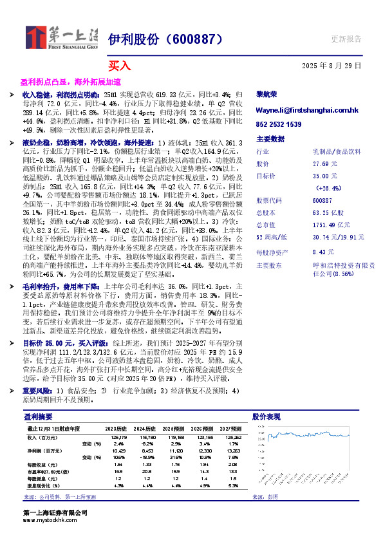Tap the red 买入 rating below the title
119,65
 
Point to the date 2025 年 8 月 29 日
332,66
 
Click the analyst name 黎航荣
266,94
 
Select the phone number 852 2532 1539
279,124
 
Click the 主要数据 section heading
270,138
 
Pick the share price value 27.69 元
324,164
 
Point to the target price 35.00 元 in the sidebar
324,176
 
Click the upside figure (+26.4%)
328,187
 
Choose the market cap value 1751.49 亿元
328,225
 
